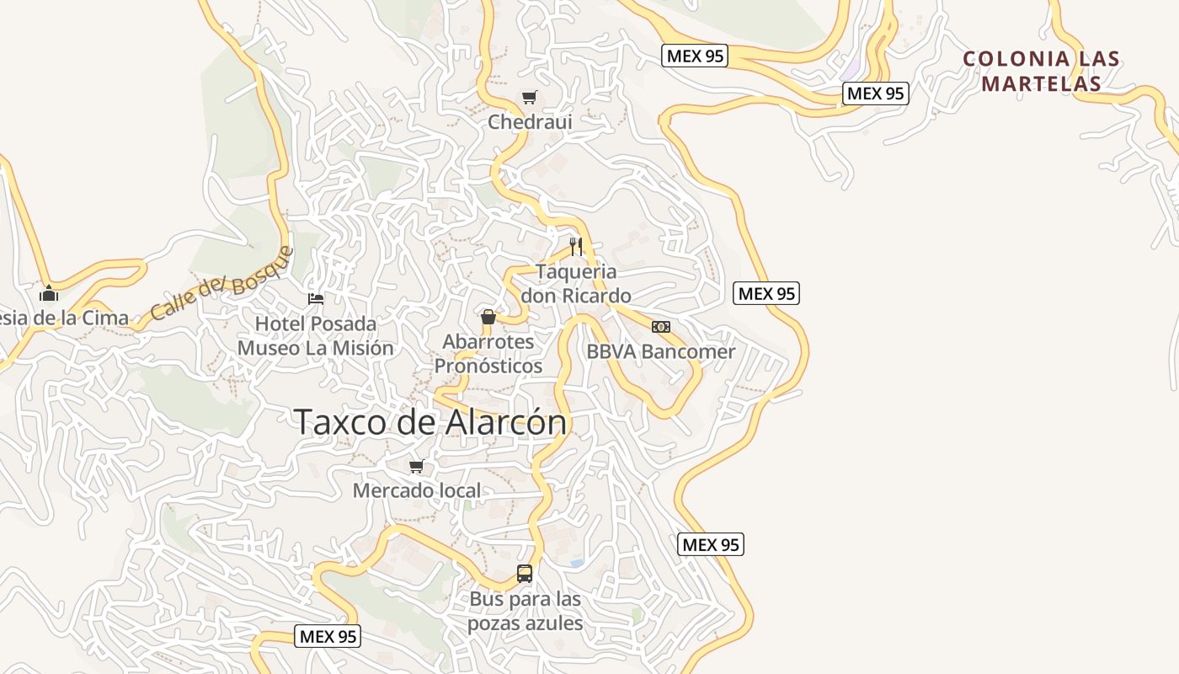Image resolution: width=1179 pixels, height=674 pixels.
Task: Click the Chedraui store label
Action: coord(530,122)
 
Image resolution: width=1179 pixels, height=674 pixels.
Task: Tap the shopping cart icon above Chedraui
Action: coord(529,98)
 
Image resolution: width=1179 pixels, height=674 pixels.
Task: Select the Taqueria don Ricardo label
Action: coord(576,284)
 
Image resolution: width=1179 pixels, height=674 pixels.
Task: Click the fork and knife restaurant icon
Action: coord(576,246)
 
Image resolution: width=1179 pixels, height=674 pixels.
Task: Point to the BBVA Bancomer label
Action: coord(661,352)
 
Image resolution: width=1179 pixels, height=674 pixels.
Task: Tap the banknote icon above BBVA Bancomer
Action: coord(661,327)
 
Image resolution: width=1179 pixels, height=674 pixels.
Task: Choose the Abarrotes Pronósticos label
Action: coord(488,354)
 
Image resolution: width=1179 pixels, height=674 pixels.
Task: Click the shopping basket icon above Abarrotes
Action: coord(488,317)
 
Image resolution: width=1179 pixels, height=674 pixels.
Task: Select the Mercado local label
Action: coord(417,490)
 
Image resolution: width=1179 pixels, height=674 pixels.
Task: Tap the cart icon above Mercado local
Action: coord(416,466)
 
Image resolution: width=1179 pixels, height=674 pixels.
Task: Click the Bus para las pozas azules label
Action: coord(525,612)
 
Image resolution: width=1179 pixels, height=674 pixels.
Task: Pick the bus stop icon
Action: coord(525,574)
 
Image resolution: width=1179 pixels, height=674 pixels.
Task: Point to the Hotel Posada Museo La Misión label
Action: coord(315,336)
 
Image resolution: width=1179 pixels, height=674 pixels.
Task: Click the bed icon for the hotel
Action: coord(316,299)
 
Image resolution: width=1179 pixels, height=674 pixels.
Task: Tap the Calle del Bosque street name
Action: coord(222,284)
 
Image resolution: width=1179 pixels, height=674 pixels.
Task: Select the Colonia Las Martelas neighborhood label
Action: coord(1042,72)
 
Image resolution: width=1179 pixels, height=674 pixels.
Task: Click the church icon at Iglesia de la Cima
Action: coord(49,293)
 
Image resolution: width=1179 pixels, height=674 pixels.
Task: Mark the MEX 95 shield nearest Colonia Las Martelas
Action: coord(876,94)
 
